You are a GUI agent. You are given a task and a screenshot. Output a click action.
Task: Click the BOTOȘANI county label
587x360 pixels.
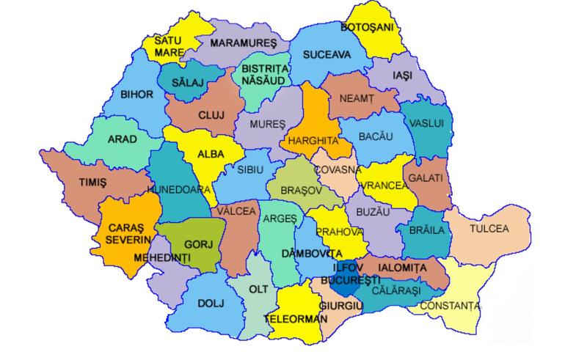pyautogui.click(x=368, y=27)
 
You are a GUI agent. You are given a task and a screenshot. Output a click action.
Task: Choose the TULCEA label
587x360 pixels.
pyautogui.click(x=489, y=229)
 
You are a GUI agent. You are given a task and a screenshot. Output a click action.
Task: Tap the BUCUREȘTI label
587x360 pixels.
pyautogui.click(x=354, y=280)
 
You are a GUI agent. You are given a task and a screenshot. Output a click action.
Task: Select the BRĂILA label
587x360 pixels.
pyautogui.click(x=427, y=230)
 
